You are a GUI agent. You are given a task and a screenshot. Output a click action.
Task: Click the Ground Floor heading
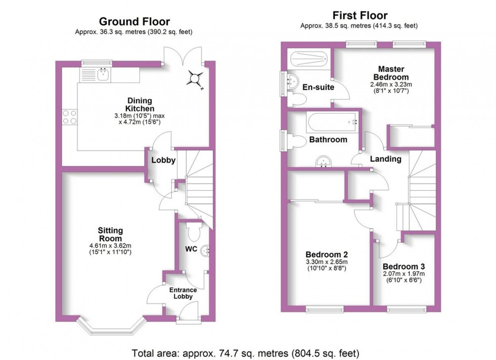click(x=134, y=21)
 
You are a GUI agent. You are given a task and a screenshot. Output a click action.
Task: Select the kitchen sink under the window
click(x=103, y=75)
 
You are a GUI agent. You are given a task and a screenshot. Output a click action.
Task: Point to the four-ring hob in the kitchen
click(x=69, y=117)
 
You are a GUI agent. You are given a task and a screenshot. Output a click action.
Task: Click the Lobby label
click(x=163, y=161)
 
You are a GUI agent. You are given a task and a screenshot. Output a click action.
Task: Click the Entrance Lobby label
click(x=183, y=293)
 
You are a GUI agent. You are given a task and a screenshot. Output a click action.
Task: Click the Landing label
click(x=386, y=159)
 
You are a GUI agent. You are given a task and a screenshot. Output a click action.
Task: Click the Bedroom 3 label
click(x=403, y=266)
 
